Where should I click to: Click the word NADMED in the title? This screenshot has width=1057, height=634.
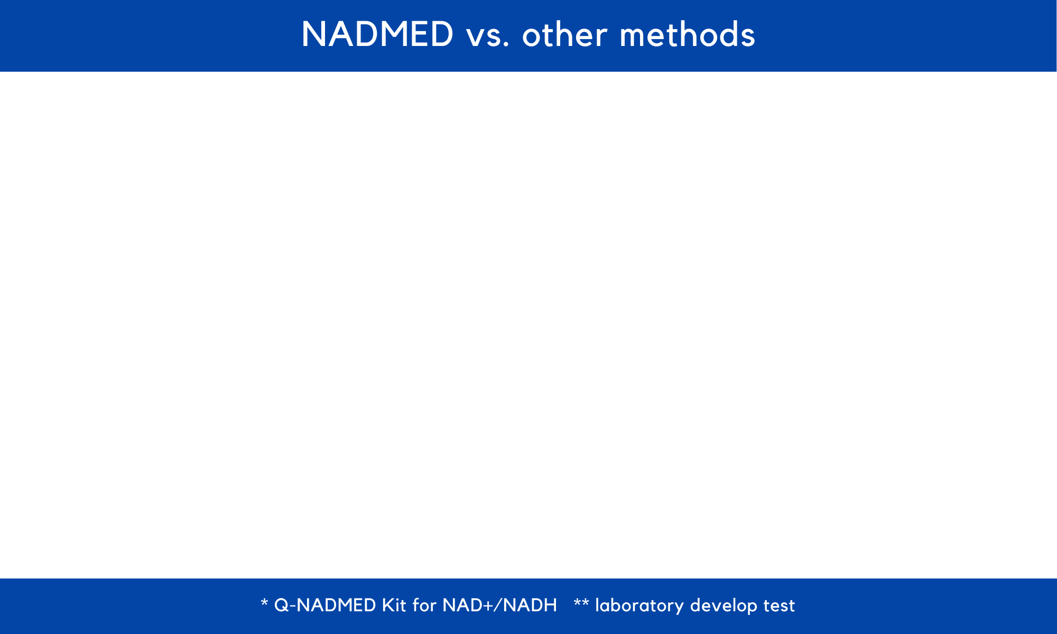point(377,34)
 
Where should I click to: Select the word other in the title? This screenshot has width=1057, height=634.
point(564,35)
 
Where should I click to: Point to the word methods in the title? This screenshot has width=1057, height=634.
point(687,35)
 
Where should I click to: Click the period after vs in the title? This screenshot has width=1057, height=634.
point(507,45)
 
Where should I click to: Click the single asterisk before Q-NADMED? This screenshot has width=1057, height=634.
point(264,602)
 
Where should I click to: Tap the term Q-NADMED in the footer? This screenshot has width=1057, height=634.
point(325,605)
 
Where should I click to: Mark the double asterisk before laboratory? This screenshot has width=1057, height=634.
point(581,602)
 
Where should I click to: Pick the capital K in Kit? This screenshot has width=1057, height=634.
point(388,605)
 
